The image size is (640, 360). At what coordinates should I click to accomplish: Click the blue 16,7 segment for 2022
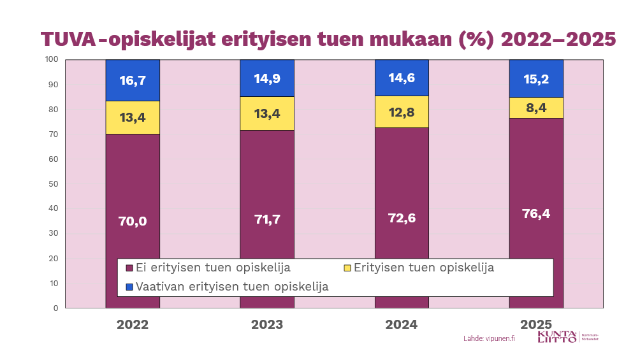133,80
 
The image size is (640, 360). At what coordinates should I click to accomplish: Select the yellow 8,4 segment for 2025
536,108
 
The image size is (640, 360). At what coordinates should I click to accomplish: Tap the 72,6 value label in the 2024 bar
402,219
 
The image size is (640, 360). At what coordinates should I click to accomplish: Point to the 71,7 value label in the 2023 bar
267,219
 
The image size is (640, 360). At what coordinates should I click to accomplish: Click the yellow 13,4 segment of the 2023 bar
267,113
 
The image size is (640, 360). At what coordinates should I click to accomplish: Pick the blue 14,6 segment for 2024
402,78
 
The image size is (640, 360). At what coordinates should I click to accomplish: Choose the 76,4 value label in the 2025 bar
536,213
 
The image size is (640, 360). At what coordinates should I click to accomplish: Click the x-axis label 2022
133,324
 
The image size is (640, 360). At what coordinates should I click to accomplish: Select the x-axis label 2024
402,324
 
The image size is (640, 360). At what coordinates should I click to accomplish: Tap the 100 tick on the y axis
52,60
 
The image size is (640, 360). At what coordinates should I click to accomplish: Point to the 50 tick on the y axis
54,184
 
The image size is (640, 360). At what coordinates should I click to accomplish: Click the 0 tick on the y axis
55,308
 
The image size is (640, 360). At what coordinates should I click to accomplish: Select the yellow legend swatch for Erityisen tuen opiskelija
347,268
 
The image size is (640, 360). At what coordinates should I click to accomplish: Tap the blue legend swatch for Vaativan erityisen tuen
130,287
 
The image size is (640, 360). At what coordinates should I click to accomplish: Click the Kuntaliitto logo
557,337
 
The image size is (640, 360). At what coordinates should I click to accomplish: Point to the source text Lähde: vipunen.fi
489,338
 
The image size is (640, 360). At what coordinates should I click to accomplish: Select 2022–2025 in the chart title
558,39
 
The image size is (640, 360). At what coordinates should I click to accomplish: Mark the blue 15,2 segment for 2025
536,78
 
